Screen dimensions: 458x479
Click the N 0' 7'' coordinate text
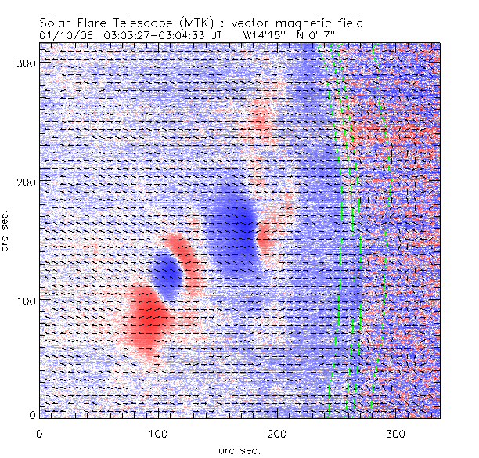pos(323,34)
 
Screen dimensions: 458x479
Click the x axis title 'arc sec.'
pos(239,449)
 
